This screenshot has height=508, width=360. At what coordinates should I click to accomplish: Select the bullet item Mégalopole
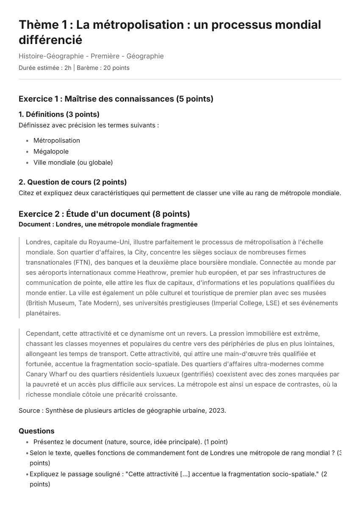(x=51, y=152)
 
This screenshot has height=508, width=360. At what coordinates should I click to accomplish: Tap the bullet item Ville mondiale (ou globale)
(x=73, y=163)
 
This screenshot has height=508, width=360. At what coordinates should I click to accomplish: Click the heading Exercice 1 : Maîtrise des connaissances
(x=116, y=99)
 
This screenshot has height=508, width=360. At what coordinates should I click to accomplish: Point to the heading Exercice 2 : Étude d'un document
(x=104, y=214)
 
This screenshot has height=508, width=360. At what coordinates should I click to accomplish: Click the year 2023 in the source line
(x=217, y=411)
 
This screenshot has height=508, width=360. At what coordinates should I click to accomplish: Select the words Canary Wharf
(x=46, y=374)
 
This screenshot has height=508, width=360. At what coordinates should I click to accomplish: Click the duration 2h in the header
(x=68, y=68)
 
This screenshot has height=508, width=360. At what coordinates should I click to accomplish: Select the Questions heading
(x=36, y=431)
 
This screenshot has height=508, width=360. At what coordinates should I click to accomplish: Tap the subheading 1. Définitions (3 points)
(x=59, y=114)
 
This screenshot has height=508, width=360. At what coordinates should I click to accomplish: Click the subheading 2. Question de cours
(x=72, y=182)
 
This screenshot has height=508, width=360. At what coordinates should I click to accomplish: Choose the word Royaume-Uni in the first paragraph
(x=108, y=242)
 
